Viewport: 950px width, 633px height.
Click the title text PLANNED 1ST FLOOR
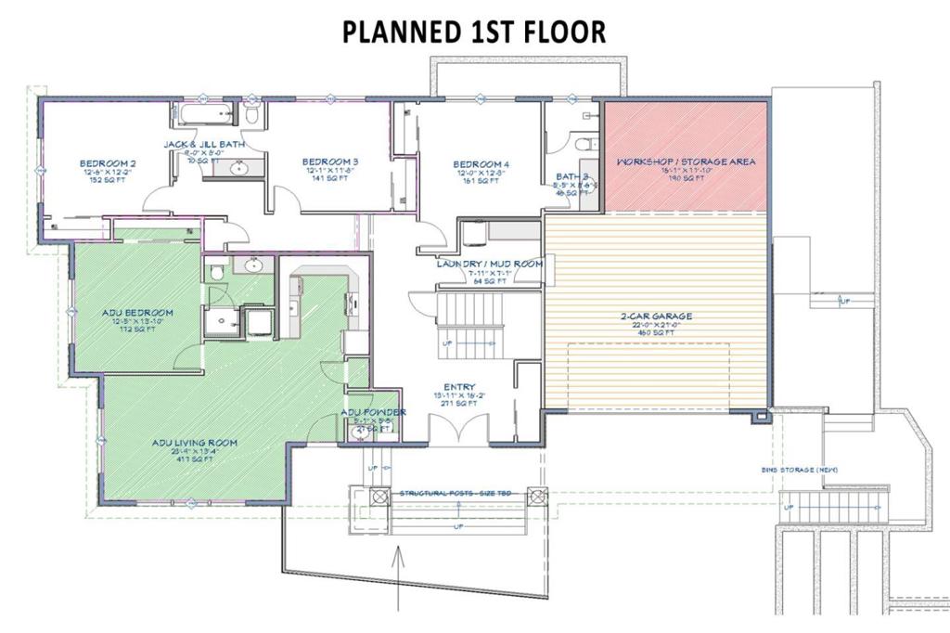pos(474,31)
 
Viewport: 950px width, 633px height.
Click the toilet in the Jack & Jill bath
pos(252,115)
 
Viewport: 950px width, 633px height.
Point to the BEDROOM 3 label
pos(330,161)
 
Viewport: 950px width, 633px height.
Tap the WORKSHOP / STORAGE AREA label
pos(686,161)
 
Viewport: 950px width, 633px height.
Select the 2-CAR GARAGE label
pos(657,316)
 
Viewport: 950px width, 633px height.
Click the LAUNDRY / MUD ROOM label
pos(489,264)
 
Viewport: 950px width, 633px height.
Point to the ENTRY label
pos(459,387)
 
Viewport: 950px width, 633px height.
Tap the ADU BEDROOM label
pos(137,313)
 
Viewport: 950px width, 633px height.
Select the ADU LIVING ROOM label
pos(195,443)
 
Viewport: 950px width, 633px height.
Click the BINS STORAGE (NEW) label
pos(800,471)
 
